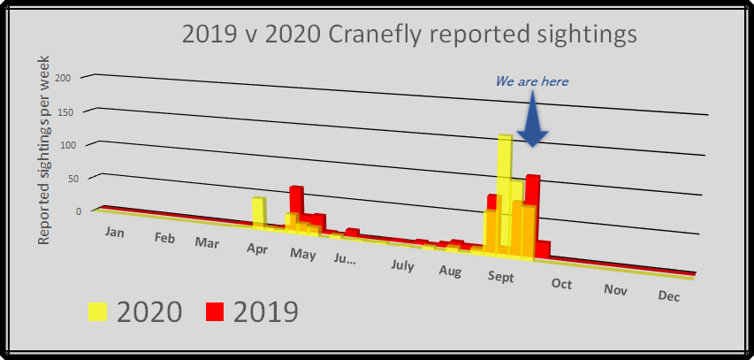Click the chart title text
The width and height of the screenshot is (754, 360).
pyautogui.click(x=409, y=35)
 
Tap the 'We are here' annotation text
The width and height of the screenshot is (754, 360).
pyautogui.click(x=532, y=81)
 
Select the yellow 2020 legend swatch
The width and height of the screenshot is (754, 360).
pyautogui.click(x=97, y=312)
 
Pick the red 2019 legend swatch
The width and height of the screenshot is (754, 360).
pyautogui.click(x=215, y=312)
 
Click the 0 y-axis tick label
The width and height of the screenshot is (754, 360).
pyautogui.click(x=79, y=211)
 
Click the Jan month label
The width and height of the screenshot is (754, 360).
pyautogui.click(x=114, y=232)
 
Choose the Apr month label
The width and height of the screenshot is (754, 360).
pyautogui.click(x=257, y=249)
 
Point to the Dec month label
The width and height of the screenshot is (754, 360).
pyautogui.click(x=669, y=296)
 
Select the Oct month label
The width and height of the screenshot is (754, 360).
pyautogui.click(x=561, y=283)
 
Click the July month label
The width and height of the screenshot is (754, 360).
pyautogui.click(x=402, y=265)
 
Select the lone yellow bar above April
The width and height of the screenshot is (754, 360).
pyautogui.click(x=258, y=211)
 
